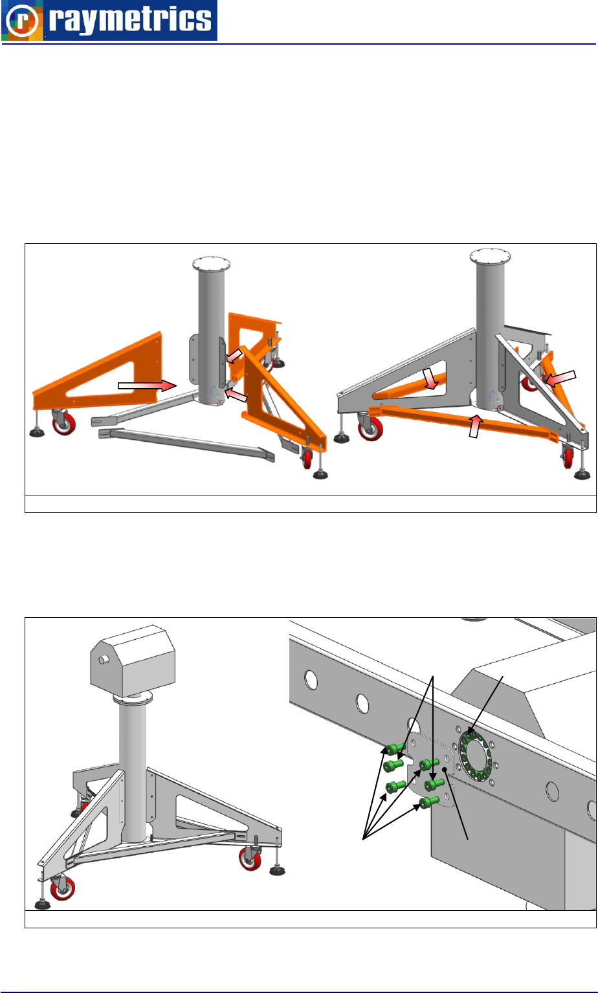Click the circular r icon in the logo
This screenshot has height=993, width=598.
point(22,21)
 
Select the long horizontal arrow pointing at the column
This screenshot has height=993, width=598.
point(148,385)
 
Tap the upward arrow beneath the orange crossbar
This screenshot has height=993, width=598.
point(475,426)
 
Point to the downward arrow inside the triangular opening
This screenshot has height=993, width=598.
point(430,378)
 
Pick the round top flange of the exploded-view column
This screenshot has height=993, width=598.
point(212,265)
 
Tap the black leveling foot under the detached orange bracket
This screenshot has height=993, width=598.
point(38,431)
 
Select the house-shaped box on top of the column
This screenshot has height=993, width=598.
point(133,660)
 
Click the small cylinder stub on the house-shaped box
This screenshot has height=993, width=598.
point(104,660)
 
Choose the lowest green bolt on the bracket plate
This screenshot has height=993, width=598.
point(428,802)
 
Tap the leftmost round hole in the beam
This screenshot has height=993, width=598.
point(311,680)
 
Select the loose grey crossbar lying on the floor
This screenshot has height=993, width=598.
point(186,444)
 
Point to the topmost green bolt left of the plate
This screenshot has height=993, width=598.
point(395,749)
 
